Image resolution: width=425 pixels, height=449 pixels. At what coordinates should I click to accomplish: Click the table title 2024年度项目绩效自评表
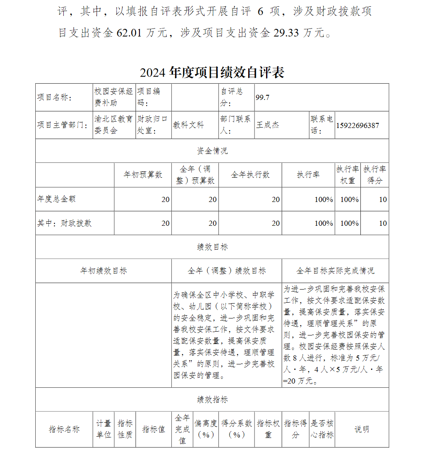pos(212,73)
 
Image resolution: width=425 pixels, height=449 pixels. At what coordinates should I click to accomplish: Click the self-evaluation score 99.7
pos(262,97)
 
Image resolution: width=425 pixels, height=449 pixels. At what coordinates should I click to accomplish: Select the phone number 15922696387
pos(357,125)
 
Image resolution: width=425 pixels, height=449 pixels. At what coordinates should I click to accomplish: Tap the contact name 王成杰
pos(268,125)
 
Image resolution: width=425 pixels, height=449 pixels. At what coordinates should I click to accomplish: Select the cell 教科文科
pos(188,125)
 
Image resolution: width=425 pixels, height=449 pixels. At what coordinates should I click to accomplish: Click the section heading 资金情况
pos(212,151)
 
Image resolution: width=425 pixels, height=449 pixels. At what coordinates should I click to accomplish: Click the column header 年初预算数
pos(143,175)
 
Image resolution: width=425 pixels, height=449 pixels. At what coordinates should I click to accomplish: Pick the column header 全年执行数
pos(250,175)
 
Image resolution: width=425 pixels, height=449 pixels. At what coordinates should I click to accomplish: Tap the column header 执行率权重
pos(348,175)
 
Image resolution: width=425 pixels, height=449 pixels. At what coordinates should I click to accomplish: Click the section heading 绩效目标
pos(212,247)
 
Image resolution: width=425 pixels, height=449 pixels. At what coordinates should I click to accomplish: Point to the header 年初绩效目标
pos(103,271)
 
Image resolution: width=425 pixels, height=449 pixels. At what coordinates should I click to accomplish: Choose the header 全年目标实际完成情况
pos(335,271)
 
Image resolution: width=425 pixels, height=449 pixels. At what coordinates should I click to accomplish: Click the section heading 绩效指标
pos(212,400)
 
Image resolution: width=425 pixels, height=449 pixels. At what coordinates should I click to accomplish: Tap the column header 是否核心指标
pos(322,429)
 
